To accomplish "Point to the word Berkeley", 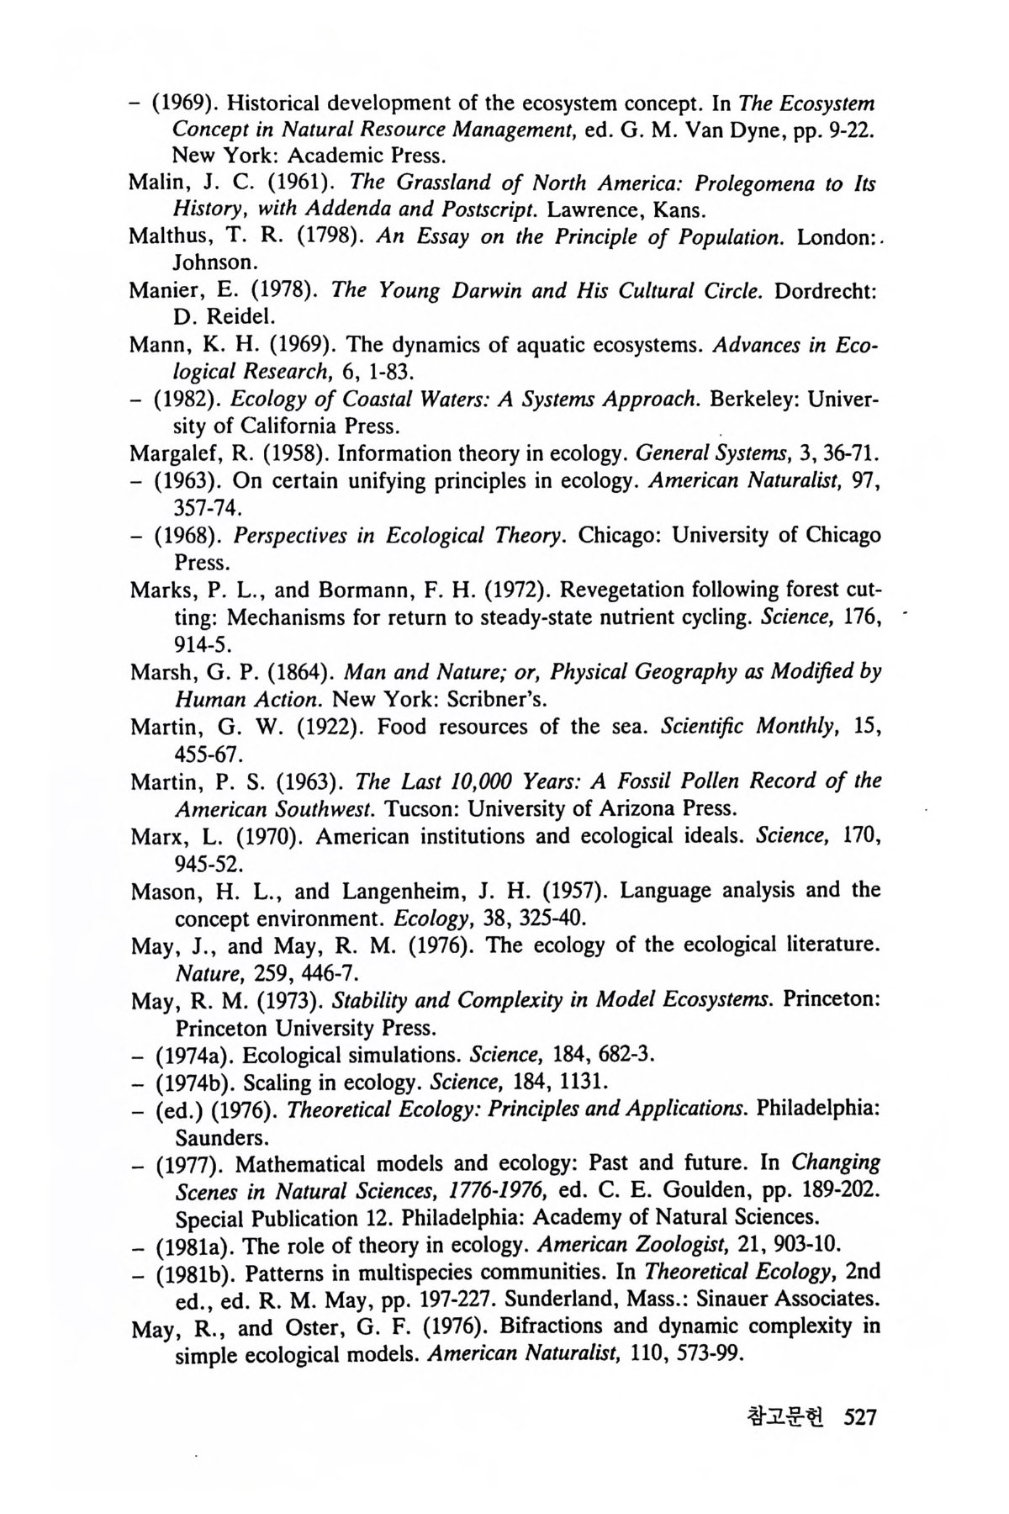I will tap(753, 399).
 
